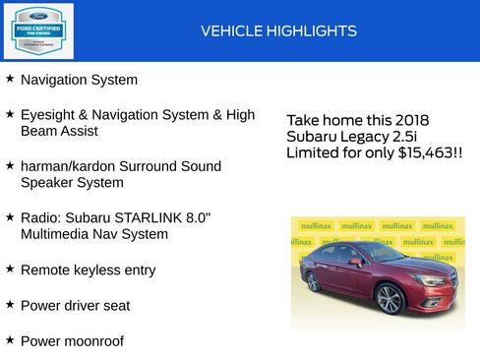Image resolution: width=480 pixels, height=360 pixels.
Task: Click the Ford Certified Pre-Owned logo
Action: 36,30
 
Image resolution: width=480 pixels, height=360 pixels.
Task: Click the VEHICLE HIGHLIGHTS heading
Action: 278,31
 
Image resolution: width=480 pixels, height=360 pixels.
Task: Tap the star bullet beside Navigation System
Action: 10,78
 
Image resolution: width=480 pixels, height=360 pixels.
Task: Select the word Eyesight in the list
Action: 49,115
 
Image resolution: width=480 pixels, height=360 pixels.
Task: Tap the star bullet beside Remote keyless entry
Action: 10,268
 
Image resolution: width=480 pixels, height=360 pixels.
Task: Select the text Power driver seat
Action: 75,305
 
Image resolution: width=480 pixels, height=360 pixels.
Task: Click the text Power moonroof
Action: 72,340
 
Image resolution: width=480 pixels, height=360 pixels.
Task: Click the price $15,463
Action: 424,153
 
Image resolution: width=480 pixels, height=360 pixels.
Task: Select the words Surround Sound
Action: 181,166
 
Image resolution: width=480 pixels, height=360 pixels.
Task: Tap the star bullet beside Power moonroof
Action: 10,339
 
